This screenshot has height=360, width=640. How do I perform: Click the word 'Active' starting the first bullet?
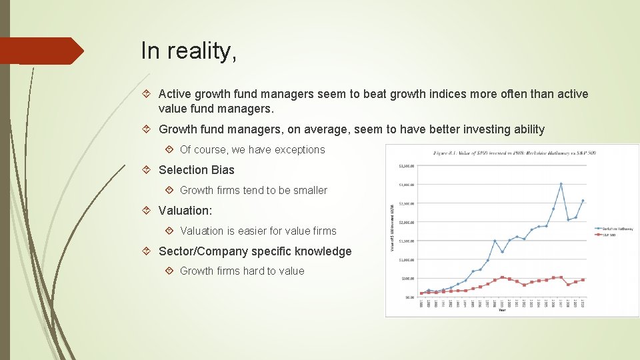tap(175, 94)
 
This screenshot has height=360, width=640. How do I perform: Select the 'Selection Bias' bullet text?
tap(197, 170)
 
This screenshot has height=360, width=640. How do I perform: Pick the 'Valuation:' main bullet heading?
tap(185, 211)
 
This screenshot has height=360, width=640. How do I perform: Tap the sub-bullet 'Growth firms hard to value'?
tap(242, 271)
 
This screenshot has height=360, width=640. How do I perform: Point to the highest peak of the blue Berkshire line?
tap(561, 184)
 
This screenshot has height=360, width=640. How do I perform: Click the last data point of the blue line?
tap(583, 201)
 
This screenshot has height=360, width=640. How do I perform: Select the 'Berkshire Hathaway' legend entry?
tap(616, 229)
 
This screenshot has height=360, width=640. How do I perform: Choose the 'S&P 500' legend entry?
tap(610, 235)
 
